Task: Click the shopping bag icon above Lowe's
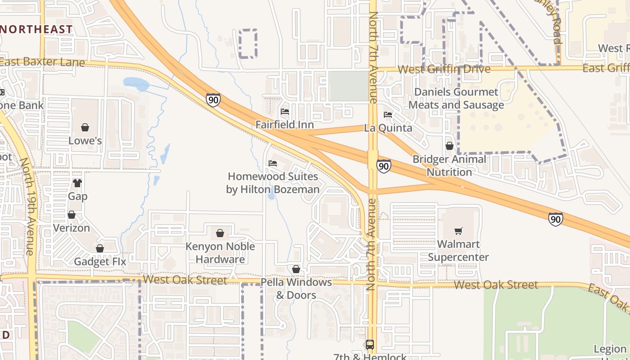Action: tap(85, 128)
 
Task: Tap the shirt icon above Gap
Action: tap(77, 183)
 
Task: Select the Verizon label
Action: tap(72, 228)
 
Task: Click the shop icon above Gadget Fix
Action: tap(100, 248)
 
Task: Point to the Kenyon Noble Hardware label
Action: tap(220, 253)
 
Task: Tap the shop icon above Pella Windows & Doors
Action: tap(296, 269)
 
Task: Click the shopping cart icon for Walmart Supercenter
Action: tap(458, 231)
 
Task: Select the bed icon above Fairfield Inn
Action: tap(284, 112)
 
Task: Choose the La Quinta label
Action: tap(388, 128)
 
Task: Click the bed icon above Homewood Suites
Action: tap(273, 163)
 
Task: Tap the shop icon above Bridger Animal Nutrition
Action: tap(449, 146)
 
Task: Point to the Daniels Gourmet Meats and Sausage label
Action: tap(456, 99)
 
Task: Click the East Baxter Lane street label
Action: tap(43, 62)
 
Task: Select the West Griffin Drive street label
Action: tap(444, 69)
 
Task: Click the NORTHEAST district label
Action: tap(36, 30)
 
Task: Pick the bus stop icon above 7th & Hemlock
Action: tap(370, 345)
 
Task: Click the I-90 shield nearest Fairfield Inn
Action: tap(214, 100)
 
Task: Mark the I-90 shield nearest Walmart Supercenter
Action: tap(556, 219)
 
